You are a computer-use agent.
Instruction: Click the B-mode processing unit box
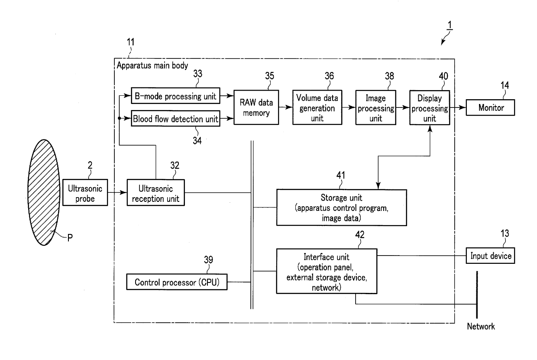pos(175,96)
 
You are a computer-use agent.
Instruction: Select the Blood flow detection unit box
pos(175,118)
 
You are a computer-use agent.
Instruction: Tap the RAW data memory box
pos(256,107)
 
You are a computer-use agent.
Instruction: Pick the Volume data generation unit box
pos(317,107)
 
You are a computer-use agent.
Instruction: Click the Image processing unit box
pos(375,107)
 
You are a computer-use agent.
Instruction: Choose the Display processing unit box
pos(430,107)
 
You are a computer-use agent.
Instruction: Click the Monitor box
pos(490,107)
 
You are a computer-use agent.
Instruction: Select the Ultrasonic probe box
pos(85,192)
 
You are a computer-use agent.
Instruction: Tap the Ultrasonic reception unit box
pos(155,193)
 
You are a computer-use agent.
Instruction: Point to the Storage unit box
pos(341,208)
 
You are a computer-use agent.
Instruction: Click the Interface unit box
pos(327,271)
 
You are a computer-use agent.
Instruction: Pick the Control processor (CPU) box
pos(177,282)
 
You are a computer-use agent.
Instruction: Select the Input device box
pos(490,256)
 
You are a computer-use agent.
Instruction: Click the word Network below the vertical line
pos(481,326)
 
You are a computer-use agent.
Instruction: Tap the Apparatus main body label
pos(152,65)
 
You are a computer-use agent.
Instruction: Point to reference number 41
pos(341,175)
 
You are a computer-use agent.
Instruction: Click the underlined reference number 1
pos(450,25)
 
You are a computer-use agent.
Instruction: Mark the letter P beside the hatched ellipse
pos(70,238)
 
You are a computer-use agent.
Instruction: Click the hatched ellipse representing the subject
pos(44,192)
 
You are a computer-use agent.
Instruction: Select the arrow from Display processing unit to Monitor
pos(458,107)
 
